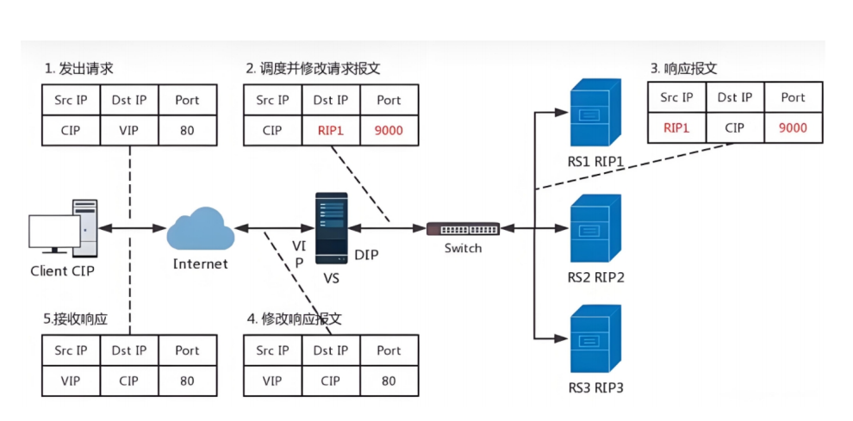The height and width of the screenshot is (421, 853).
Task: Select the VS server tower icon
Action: coord(332,227)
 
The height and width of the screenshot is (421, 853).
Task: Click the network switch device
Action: coord(463,228)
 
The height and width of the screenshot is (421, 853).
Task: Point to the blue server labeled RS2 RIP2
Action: coord(595,228)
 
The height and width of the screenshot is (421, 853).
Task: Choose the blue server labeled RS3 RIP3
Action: coord(595,338)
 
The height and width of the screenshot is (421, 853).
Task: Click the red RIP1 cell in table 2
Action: coord(331,131)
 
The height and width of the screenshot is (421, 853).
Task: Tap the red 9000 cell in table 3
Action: coord(794,128)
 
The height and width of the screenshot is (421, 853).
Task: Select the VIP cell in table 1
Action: coord(129,131)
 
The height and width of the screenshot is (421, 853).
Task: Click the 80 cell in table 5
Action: coord(187,381)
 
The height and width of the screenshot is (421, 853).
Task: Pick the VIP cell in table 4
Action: coord(272,381)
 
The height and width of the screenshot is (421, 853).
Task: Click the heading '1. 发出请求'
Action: coord(79,69)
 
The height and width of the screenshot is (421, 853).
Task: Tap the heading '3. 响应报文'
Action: coord(684,69)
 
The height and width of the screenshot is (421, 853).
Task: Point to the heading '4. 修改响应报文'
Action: coord(296,319)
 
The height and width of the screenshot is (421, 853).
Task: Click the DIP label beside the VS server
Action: coord(366,254)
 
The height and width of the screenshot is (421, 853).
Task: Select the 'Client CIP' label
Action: coord(63,270)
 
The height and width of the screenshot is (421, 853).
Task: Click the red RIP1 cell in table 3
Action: coord(676,128)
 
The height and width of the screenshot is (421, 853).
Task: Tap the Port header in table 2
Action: coord(389,100)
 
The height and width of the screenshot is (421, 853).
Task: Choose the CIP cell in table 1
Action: coord(72,131)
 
